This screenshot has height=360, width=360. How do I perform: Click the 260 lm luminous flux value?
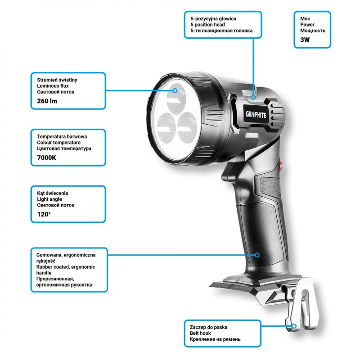[47, 101]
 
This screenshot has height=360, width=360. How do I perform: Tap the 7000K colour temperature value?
[47, 158]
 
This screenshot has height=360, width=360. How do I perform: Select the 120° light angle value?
[44, 214]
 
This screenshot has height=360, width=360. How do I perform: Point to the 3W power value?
[305, 40]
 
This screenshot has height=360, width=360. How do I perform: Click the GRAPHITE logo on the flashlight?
[256, 115]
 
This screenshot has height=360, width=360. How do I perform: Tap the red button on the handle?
[280, 166]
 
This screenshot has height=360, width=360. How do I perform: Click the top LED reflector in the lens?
[176, 98]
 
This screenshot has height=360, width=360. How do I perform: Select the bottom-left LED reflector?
[166, 128]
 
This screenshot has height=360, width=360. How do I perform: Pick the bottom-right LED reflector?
[187, 128]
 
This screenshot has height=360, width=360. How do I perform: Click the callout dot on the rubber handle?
[257, 255]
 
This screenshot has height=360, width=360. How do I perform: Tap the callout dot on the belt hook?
[294, 326]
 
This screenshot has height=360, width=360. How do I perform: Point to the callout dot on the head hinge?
[253, 97]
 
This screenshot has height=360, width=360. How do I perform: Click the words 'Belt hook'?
[200, 333]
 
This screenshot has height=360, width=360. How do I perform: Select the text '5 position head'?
[207, 25]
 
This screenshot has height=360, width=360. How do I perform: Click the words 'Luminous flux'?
[53, 86]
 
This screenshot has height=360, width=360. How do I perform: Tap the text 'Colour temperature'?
[59, 142]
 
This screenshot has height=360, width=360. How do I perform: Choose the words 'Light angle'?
[49, 199]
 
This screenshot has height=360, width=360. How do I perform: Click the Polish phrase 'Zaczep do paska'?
[208, 327]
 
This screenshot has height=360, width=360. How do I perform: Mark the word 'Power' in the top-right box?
[307, 25]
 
